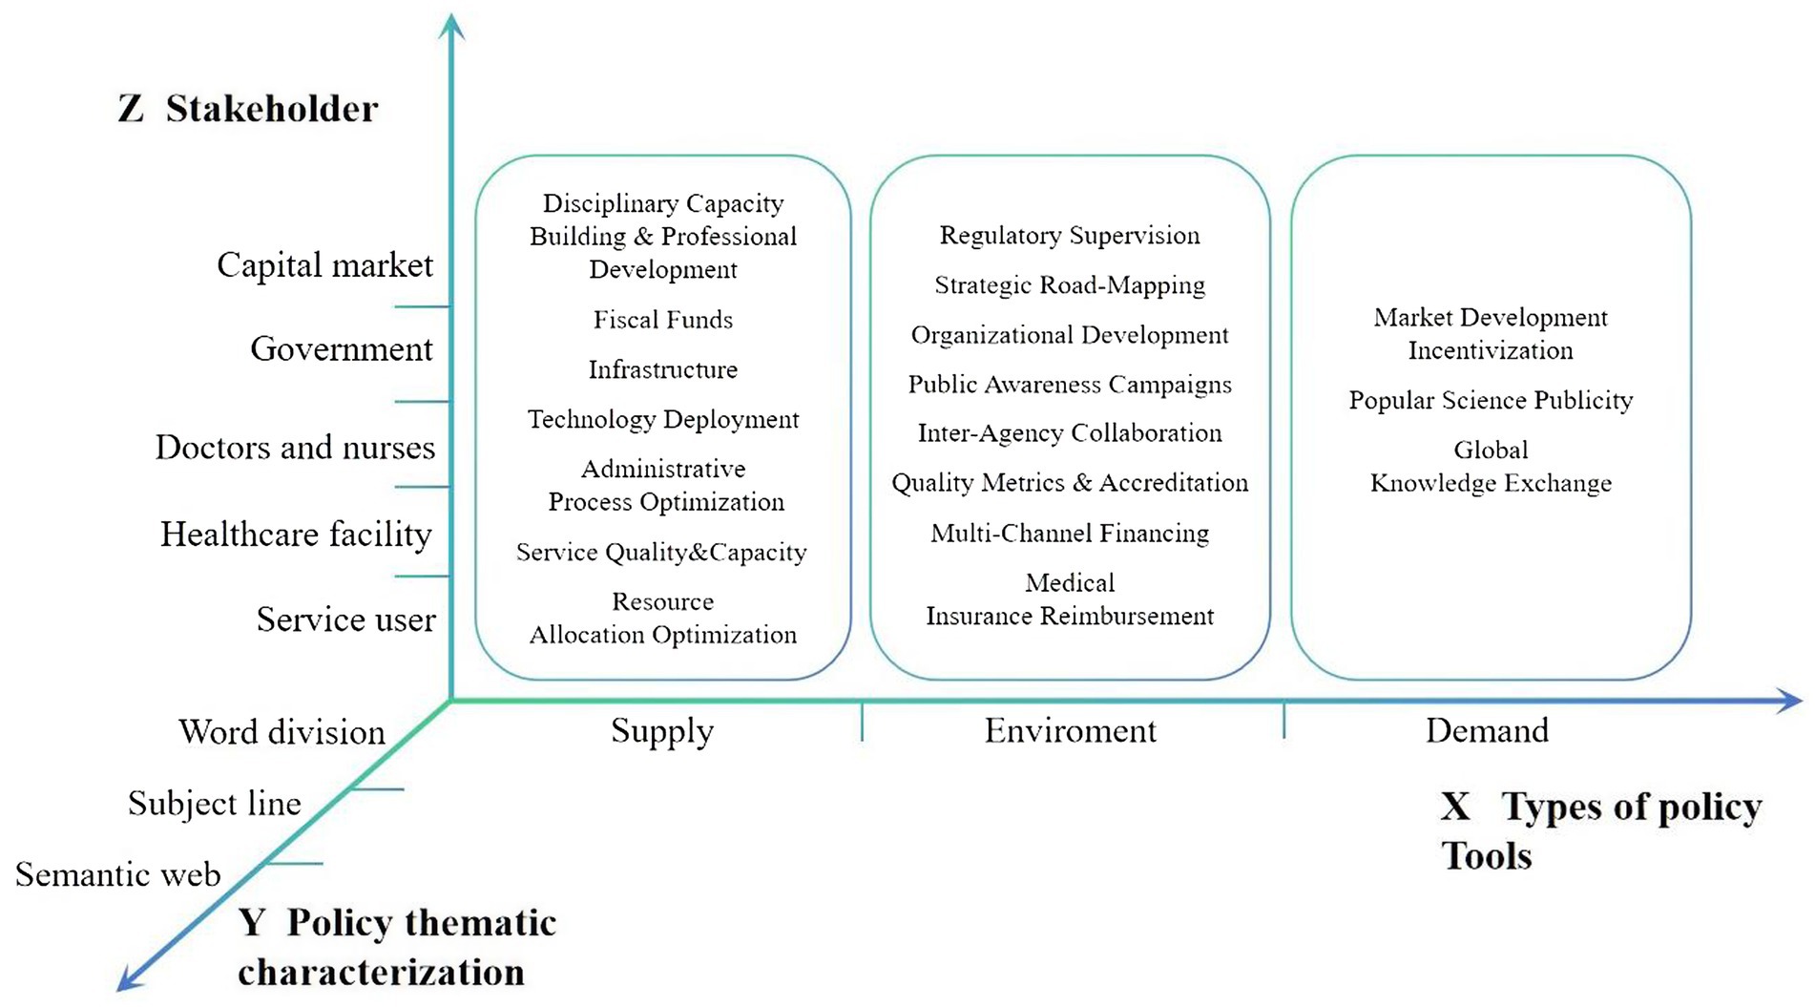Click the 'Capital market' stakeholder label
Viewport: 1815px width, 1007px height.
(324, 265)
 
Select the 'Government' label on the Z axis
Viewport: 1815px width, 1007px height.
(341, 349)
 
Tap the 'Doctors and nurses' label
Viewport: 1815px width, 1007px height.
(295, 448)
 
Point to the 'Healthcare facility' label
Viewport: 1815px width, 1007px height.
(296, 535)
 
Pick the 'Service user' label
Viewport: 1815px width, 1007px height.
(345, 619)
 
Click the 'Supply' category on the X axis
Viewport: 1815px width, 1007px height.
(661, 731)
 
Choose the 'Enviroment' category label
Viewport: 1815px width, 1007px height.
(1070, 731)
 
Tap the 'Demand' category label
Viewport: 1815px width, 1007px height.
(1487, 731)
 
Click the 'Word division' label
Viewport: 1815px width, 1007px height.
(282, 732)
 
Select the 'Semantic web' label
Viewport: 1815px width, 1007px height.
(117, 874)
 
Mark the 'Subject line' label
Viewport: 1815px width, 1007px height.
(214, 804)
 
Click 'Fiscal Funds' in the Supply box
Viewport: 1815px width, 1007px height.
(663, 320)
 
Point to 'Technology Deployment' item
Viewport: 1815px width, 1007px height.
(663, 419)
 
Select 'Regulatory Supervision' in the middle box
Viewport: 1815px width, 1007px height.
(1070, 236)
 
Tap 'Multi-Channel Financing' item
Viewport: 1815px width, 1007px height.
(1070, 533)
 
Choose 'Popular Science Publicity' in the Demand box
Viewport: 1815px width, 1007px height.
(1491, 400)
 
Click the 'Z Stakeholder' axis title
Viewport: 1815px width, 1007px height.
(248, 109)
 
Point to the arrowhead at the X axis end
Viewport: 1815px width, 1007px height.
(1791, 702)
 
